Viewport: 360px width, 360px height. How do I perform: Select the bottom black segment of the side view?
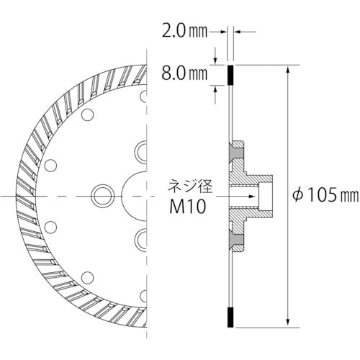(x=230, y=315)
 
